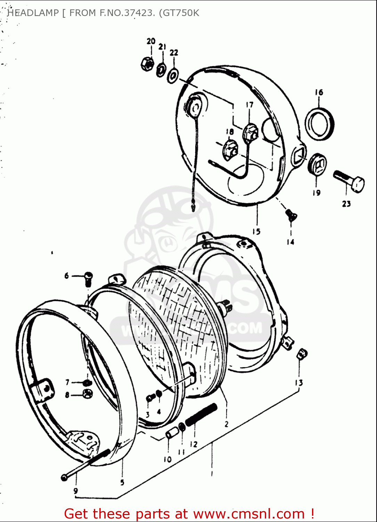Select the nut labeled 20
[147, 63]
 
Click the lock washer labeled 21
[161, 70]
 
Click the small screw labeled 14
[290, 215]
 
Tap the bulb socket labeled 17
[250, 133]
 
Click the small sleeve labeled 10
[172, 434]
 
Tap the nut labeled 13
[302, 355]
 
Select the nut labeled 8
[87, 394]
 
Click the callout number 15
[256, 232]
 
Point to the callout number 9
[76, 491]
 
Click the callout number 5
[122, 483]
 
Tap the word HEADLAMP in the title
[33, 13]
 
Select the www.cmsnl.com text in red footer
[249, 514]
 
